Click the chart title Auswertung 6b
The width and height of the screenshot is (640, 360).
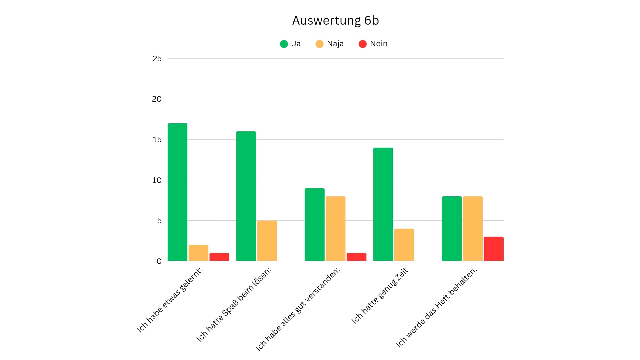[335, 21]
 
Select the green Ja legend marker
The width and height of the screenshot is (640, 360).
[284, 44]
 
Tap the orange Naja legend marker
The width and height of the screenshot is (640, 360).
[319, 44]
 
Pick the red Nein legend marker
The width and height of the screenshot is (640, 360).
[362, 44]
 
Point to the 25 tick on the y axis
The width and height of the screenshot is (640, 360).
[157, 59]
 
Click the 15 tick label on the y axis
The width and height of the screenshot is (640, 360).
[157, 140]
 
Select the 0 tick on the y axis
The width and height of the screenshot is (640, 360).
[159, 261]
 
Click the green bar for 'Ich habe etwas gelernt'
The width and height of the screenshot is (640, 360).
[177, 192]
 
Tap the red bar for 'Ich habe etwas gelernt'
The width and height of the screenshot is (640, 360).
[219, 257]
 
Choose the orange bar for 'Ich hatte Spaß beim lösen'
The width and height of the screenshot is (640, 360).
[267, 241]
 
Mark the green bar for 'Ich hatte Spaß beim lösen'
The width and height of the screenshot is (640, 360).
[246, 196]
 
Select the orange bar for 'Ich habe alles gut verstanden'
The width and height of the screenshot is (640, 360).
[335, 229]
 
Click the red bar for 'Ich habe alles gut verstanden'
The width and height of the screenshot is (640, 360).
[356, 257]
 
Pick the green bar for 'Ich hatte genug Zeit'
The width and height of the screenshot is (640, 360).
[383, 204]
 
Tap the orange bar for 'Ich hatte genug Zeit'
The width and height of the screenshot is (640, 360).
[404, 245]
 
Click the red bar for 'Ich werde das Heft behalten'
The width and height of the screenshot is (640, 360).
[494, 249]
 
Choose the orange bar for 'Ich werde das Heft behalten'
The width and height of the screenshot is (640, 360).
[473, 229]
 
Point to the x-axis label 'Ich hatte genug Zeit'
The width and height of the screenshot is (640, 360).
[380, 296]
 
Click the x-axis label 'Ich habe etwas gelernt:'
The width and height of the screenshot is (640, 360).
[170, 300]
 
